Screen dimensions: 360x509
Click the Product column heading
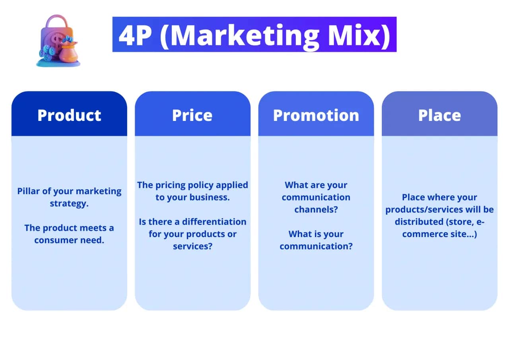(69, 115)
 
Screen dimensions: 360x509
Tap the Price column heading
(192, 115)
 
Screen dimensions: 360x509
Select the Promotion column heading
(316, 115)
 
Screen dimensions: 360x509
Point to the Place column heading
(439, 115)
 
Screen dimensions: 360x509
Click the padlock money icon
(58, 41)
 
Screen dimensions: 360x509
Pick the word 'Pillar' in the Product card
(29, 191)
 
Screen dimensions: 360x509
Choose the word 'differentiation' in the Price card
(214, 222)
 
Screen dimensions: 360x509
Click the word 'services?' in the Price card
(192, 247)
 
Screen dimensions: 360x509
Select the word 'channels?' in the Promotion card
(316, 210)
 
